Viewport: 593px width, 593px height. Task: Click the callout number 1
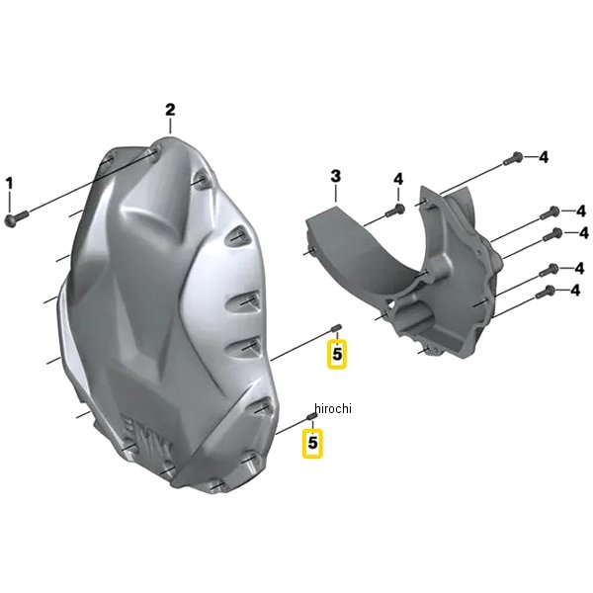pos(9,184)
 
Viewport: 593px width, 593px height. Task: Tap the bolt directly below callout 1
pos(17,218)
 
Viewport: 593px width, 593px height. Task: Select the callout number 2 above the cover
pos(170,110)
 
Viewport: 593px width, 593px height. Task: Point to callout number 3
pos(335,176)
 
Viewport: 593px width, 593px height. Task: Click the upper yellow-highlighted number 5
pos(337,355)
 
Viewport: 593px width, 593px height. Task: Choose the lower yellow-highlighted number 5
pos(312,443)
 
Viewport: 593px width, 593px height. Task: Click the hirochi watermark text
pos(333,408)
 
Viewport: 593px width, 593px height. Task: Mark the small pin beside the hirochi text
pos(311,416)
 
